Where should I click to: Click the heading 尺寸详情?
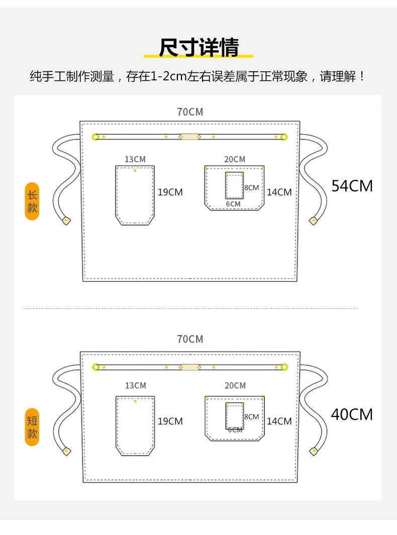tap(198, 48)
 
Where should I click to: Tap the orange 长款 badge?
tap(32, 201)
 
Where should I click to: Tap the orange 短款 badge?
tap(32, 427)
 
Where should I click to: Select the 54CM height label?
tap(352, 186)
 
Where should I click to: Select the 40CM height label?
tap(352, 414)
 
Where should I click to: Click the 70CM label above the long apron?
tap(190, 112)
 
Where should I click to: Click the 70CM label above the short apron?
tap(190, 339)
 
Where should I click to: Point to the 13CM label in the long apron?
tap(135, 159)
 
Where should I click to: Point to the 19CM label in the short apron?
tap(170, 421)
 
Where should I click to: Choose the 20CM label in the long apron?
tap(235, 159)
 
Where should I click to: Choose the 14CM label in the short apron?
tap(279, 421)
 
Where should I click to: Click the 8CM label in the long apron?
tap(251, 187)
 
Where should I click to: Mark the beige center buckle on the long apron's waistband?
tap(190, 136)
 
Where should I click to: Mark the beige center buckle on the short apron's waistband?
tap(190, 367)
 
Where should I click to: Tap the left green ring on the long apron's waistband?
tap(95, 137)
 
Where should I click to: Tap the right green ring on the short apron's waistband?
tap(284, 367)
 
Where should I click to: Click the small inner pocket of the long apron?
tap(234, 186)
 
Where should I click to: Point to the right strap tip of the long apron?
tap(314, 220)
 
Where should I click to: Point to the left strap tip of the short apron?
tap(66, 451)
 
